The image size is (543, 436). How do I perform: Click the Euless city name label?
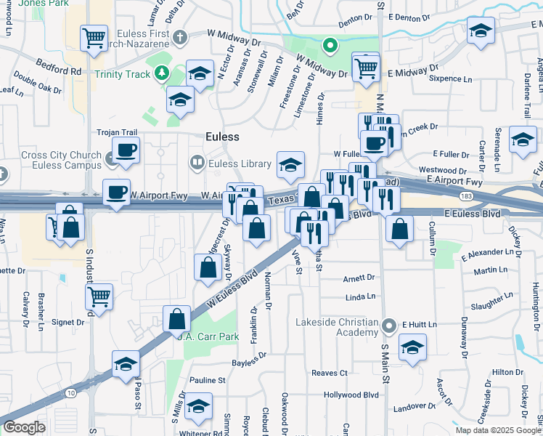point(221,136)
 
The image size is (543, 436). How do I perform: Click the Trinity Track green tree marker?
point(160,73)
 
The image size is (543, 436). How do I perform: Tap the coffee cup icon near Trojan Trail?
point(126,150)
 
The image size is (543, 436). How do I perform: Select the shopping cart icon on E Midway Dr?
point(366,68)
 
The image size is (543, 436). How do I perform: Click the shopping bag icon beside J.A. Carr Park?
point(177,318)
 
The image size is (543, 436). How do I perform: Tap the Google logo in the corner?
point(24,427)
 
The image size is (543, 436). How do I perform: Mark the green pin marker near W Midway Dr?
point(330,48)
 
